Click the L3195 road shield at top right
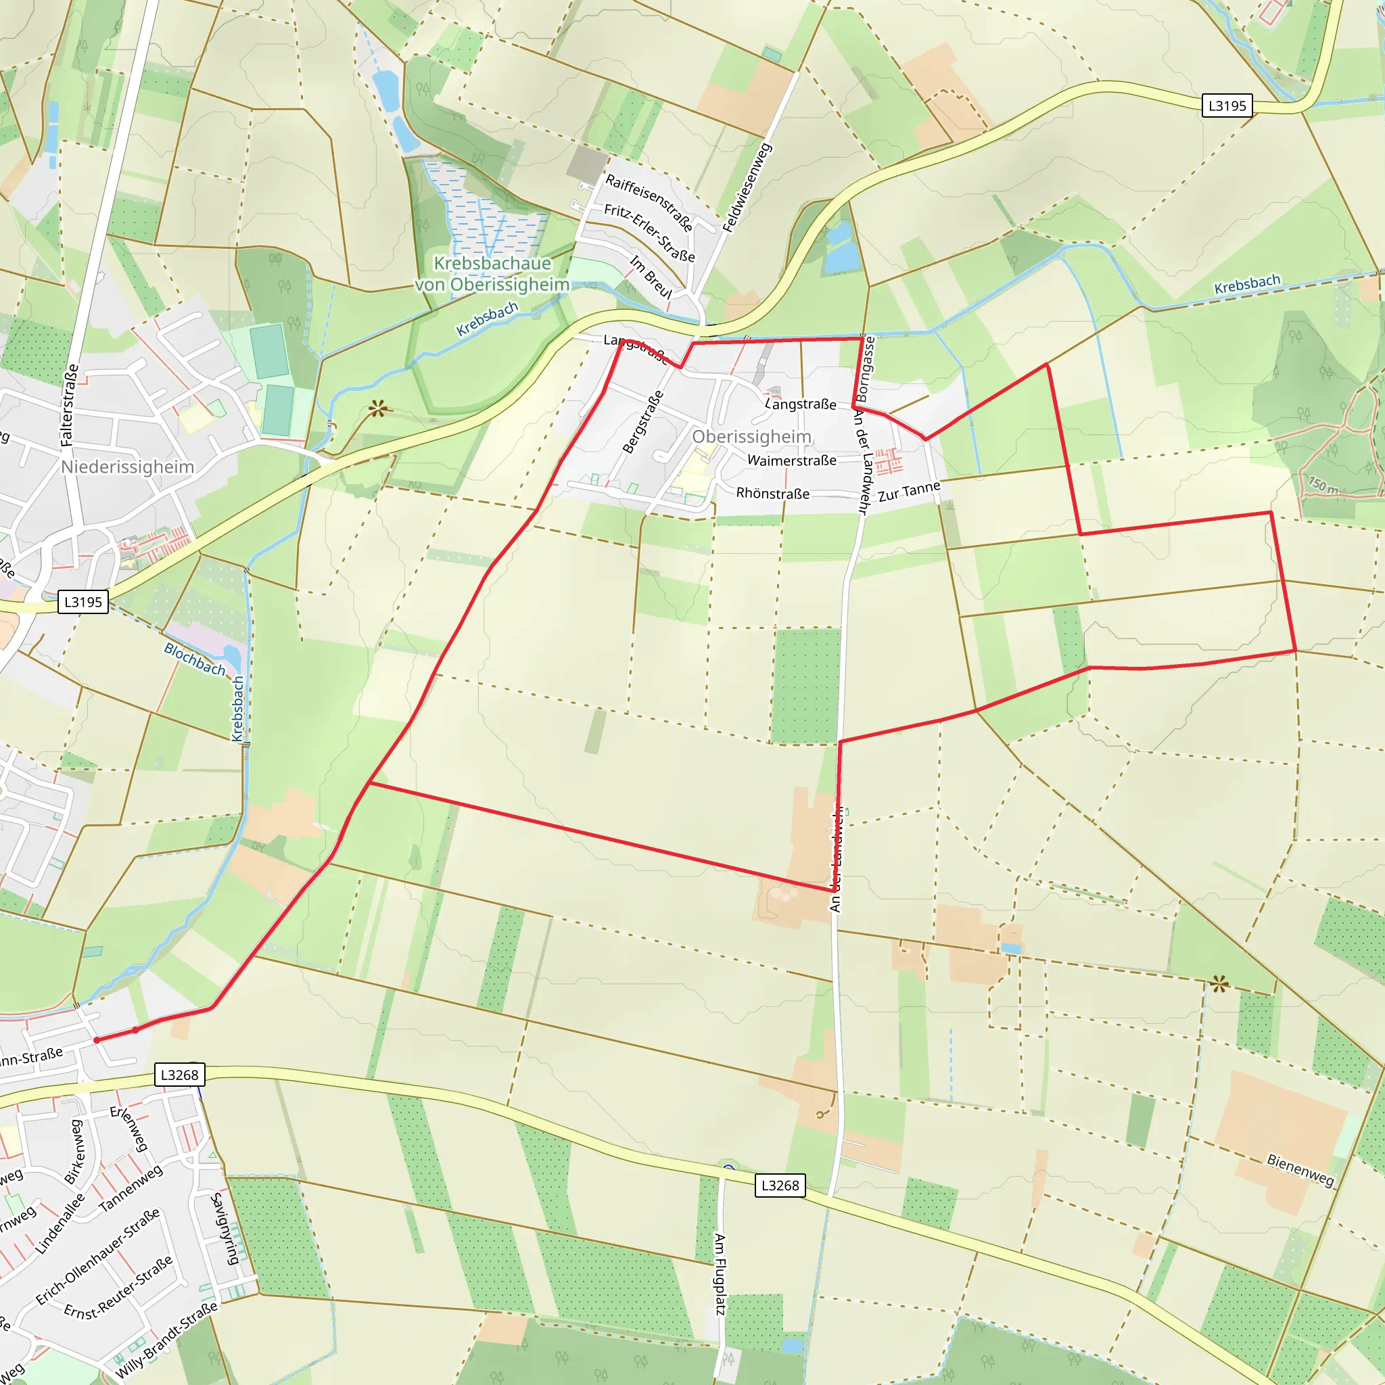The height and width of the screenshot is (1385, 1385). click(1227, 105)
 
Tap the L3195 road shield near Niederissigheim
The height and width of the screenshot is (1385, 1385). click(83, 601)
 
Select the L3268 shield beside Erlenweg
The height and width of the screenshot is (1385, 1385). click(179, 1074)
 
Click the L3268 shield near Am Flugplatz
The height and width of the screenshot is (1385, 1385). click(779, 1185)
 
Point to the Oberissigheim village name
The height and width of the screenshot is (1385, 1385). click(751, 437)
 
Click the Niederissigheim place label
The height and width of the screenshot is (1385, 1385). click(128, 467)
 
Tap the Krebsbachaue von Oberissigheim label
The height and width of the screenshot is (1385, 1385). click(492, 274)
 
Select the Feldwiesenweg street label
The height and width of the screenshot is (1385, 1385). click(747, 188)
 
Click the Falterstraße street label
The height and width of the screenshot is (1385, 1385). click(70, 406)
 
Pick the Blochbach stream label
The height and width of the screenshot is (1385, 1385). click(194, 659)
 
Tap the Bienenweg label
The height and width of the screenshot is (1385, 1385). click(1300, 1169)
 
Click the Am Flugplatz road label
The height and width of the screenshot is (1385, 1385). click(720, 1275)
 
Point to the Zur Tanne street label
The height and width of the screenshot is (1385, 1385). click(908, 492)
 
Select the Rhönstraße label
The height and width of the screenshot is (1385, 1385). click(772, 493)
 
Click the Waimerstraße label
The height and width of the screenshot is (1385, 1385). click(791, 461)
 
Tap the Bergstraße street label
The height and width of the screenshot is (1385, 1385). click(643, 422)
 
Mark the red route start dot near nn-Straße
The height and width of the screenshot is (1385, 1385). click(97, 1040)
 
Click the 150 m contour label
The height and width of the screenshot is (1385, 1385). click(1323, 486)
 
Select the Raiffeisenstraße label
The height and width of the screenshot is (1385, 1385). click(649, 202)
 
